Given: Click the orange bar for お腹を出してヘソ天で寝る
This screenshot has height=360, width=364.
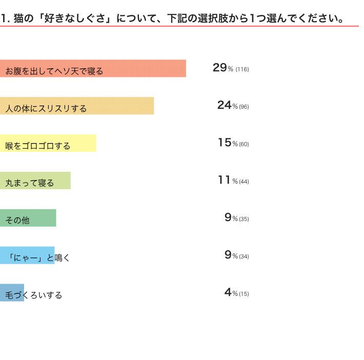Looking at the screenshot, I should [x=93, y=68].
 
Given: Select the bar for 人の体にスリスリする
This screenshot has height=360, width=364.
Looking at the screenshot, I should [x=77, y=106].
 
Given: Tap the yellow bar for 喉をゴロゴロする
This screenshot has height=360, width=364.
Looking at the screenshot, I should [x=48, y=143].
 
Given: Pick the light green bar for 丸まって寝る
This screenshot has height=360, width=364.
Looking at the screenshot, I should [x=35, y=181].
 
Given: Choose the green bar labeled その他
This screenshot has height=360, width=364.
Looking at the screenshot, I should [x=28, y=218].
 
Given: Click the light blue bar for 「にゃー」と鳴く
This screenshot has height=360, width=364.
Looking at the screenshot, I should [x=27, y=255].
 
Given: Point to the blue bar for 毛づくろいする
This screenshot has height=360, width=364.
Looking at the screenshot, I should [x=12, y=293].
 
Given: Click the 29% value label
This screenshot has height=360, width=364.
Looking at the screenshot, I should [x=223, y=68].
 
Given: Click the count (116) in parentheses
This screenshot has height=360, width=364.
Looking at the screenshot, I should [x=242, y=69].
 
